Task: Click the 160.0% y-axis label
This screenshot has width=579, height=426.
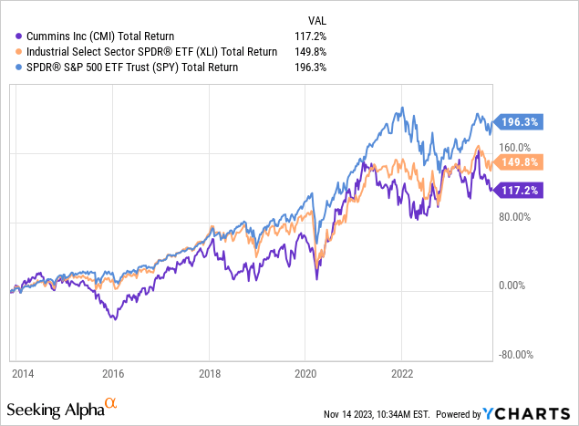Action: tap(514, 147)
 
